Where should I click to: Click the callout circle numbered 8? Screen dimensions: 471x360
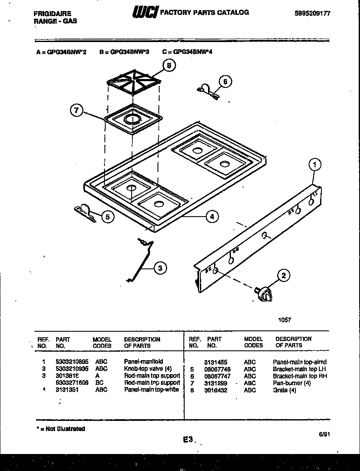[169, 66]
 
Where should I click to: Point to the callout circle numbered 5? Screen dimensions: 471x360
[108, 217]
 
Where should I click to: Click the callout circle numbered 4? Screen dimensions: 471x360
[212, 217]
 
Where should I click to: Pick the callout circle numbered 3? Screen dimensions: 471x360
[160, 268]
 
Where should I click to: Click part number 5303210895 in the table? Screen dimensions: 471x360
[72, 361]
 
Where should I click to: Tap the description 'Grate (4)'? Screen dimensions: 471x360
[284, 390]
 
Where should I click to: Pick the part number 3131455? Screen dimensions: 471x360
[215, 362]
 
